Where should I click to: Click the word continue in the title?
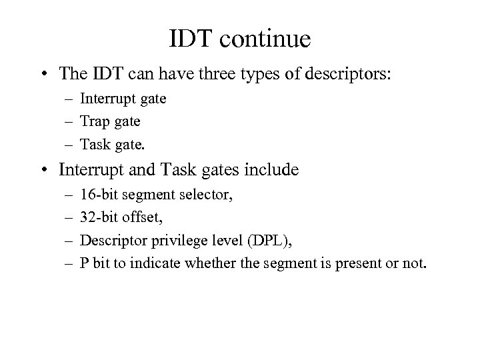268,39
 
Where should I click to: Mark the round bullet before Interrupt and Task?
43,170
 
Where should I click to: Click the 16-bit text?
97,195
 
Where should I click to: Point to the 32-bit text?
97,217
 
